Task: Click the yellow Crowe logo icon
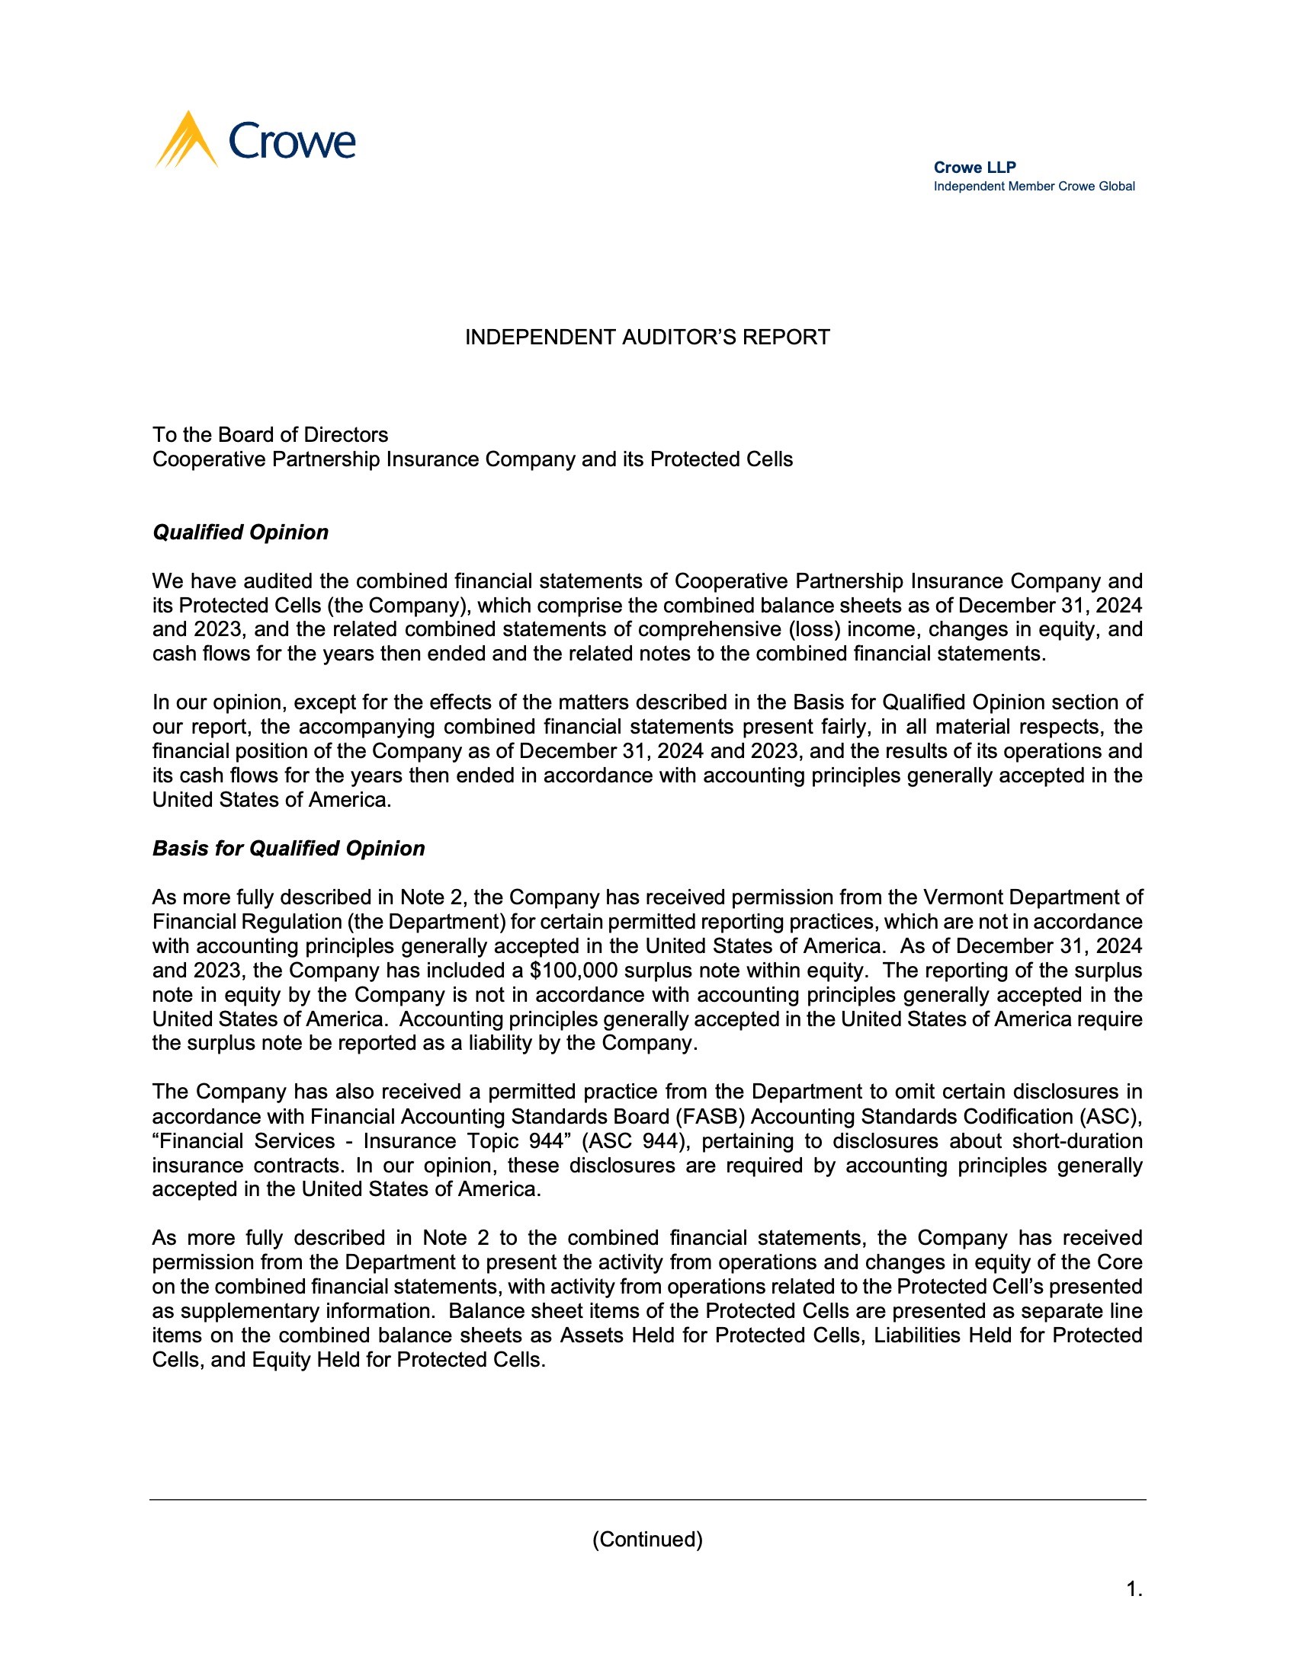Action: tap(187, 140)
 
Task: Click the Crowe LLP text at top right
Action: tap(974, 168)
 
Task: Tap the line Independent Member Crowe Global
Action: tap(1034, 187)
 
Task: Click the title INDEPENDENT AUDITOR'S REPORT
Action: tap(647, 337)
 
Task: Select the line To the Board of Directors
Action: tap(271, 435)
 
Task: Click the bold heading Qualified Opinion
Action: tap(240, 533)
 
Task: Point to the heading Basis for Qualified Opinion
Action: tap(289, 849)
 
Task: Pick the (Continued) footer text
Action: tap(647, 1540)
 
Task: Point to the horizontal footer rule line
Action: tap(647, 1500)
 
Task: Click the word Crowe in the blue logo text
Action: tap(293, 142)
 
